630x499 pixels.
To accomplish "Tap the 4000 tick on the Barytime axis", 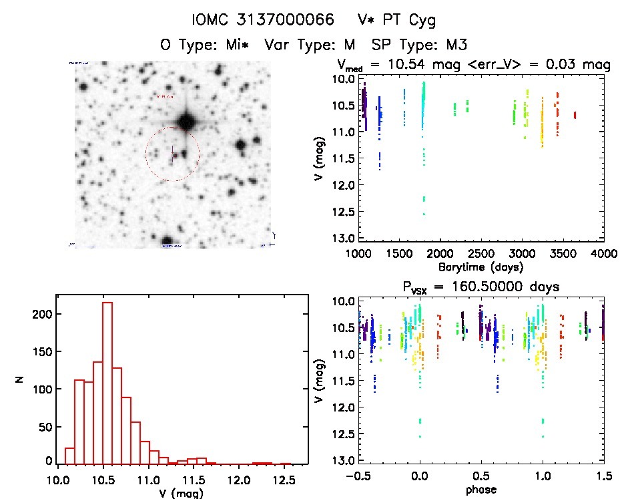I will (603, 254).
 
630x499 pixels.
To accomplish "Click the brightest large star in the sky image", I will (186, 121).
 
